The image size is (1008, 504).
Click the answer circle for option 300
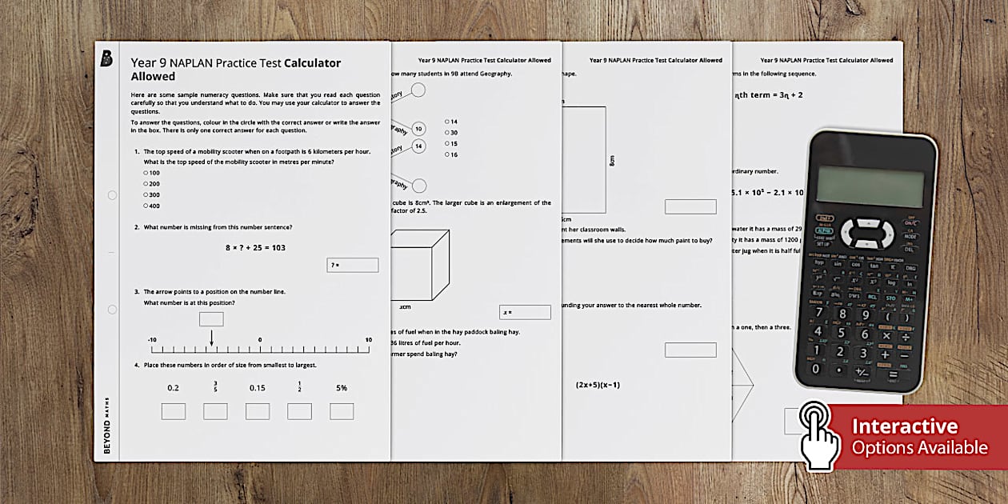point(146,194)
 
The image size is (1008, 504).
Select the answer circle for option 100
point(146,173)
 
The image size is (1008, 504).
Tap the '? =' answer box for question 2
point(353,265)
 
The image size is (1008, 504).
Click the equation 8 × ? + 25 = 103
point(255,247)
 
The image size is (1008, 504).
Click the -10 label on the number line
point(152,340)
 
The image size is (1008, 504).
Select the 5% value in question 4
point(342,388)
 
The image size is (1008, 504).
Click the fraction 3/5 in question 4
point(215,387)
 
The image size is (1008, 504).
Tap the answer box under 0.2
point(174,411)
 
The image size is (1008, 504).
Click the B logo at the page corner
point(106,58)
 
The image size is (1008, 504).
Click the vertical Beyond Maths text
point(107,424)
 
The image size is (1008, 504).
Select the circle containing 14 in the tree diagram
point(418,146)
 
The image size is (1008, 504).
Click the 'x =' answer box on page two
point(526,312)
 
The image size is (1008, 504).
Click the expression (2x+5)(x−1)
point(598,385)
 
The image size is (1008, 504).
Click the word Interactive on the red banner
point(904,426)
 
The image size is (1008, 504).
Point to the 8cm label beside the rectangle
point(612,160)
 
